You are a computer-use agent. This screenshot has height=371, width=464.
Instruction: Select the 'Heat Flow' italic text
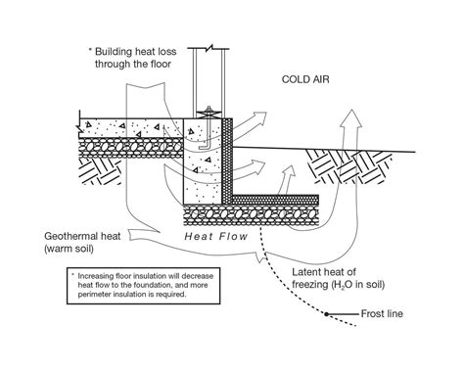click(x=212, y=236)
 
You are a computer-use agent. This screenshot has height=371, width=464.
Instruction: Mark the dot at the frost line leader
click(x=329, y=314)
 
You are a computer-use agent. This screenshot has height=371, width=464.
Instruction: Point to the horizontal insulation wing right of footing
click(x=284, y=199)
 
